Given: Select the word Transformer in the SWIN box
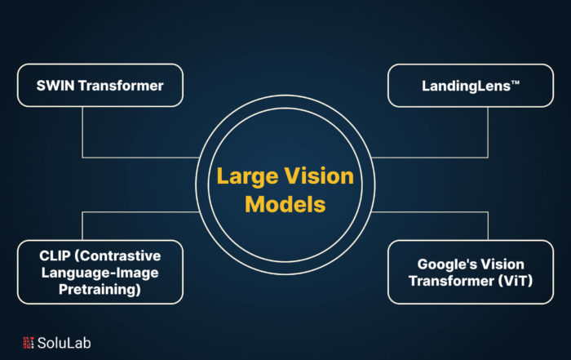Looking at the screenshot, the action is (121, 86).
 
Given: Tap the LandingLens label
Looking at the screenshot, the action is (471, 87).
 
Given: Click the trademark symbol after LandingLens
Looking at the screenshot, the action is (516, 82).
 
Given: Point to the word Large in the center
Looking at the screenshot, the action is (248, 177).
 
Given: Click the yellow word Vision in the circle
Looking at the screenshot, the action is (319, 176).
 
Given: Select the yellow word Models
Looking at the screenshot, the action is (285, 204).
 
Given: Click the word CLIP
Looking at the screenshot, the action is (55, 256).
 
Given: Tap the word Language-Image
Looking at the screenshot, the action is (100, 273).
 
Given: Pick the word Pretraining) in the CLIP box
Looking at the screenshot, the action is (100, 290).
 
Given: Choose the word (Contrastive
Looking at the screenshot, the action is (117, 256).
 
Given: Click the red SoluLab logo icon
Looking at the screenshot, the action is (29, 343).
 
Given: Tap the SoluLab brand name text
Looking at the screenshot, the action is (64, 343).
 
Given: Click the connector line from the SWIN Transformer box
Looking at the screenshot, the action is (82, 158).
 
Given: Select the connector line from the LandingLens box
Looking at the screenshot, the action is (488, 158).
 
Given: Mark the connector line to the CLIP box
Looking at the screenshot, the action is (82, 211).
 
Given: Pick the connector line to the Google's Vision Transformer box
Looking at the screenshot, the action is (488, 211).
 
